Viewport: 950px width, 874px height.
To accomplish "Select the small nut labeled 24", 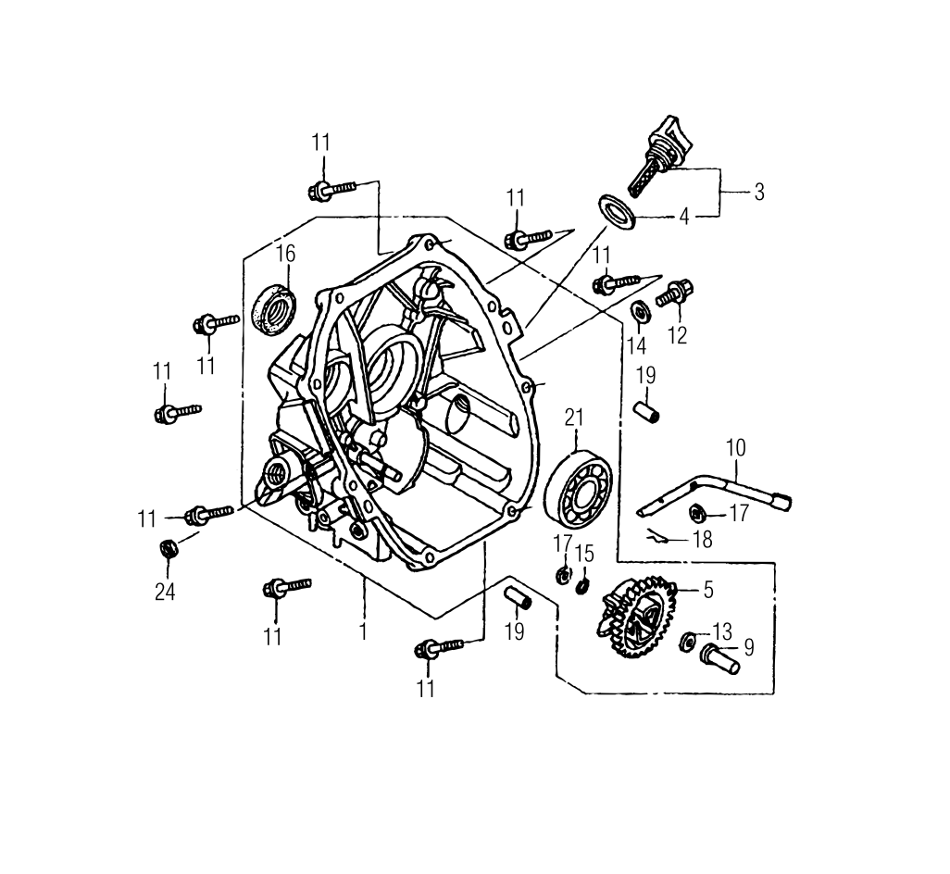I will coord(169,548).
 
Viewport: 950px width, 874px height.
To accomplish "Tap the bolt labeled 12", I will coord(675,294).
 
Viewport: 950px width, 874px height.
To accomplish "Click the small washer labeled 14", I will coord(639,311).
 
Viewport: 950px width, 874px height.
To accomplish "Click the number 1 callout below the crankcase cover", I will coord(363,632).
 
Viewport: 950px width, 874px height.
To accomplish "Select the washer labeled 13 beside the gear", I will coord(689,640).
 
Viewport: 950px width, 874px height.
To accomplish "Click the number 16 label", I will coord(284,253).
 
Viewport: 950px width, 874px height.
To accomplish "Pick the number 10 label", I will coord(735,448).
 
